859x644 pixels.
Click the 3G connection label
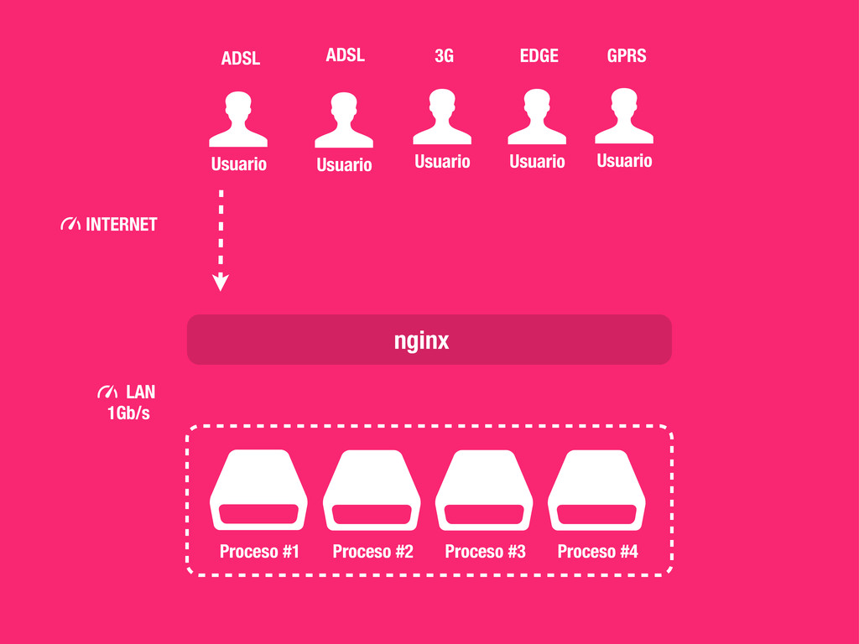point(444,56)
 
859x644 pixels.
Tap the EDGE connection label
point(539,56)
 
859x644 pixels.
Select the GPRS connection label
point(627,56)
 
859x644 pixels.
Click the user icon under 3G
point(442,117)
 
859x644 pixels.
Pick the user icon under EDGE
point(537,117)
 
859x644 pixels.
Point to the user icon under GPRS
point(624,117)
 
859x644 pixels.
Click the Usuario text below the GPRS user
point(624,160)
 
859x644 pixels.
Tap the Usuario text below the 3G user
point(442,161)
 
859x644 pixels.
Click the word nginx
point(422,340)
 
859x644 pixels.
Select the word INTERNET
point(122,225)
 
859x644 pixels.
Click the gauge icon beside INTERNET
point(70,225)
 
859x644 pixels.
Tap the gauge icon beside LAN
point(107,392)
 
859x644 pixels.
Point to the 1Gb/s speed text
point(128,413)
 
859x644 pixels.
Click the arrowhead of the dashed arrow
point(221,283)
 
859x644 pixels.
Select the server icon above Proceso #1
point(258,491)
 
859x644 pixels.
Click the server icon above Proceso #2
point(372,491)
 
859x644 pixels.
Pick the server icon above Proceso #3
point(484,491)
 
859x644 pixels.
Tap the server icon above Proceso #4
point(596,491)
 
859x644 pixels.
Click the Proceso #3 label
point(485,551)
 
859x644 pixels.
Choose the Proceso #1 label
point(259,551)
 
